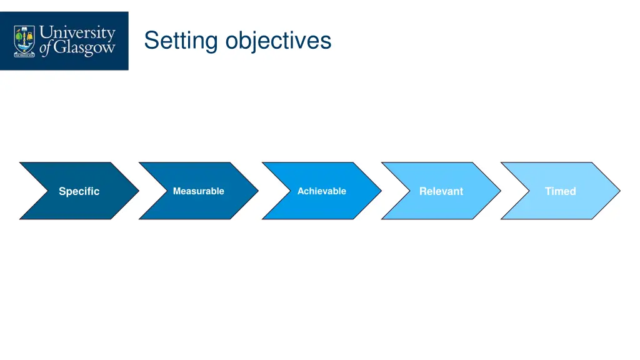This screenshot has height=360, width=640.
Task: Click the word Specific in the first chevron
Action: (x=79, y=191)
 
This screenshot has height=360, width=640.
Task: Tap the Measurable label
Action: (x=198, y=191)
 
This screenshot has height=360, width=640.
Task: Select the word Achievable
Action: (x=321, y=191)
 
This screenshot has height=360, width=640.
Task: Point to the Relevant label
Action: (x=441, y=191)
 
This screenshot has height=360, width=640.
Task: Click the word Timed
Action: (x=560, y=191)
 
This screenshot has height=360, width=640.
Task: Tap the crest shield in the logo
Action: (x=25, y=41)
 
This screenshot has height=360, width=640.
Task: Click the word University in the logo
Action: (x=77, y=32)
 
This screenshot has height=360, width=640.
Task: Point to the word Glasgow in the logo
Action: (x=84, y=49)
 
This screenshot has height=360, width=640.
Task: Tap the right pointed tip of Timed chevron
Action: (x=619, y=191)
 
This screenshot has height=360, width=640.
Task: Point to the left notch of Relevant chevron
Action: (x=411, y=191)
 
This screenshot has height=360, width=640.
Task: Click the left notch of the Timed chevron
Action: (x=531, y=191)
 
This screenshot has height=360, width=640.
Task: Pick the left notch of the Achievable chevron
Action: (x=291, y=191)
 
